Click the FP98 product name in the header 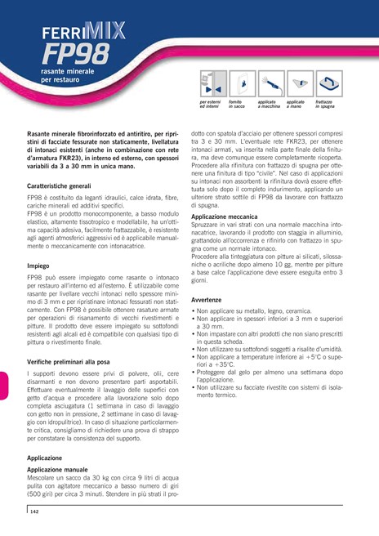pos(74,55)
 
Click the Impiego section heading pos(38,266)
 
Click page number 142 pos(35,511)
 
